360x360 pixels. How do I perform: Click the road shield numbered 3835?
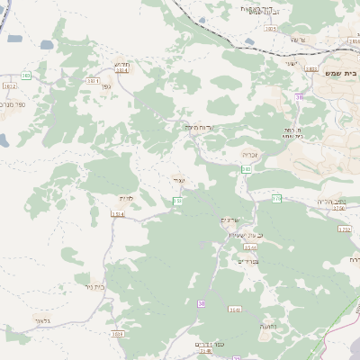271,29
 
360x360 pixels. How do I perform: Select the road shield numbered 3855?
311,68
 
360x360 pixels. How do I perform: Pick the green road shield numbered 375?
277,197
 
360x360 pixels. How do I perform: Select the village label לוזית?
126,197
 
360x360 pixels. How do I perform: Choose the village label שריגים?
230,220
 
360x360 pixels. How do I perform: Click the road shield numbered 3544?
250,246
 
